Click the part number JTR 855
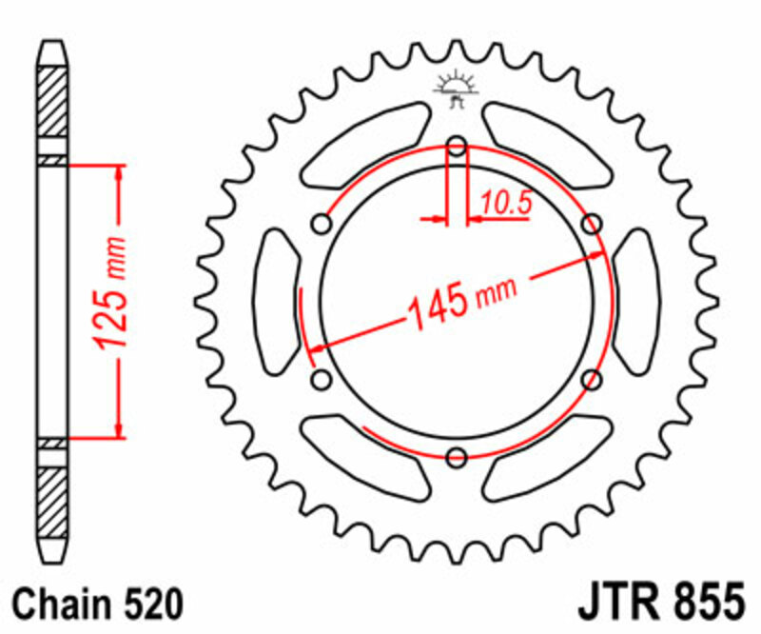pyautogui.click(x=660, y=603)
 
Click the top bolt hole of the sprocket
pyautogui.click(x=458, y=147)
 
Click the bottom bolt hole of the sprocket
pyautogui.click(x=458, y=457)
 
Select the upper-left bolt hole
pyautogui.click(x=322, y=225)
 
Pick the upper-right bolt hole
pyautogui.click(x=593, y=225)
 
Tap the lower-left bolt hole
pyautogui.click(x=322, y=380)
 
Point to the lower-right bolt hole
pyautogui.click(x=593, y=380)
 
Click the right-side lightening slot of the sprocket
pyautogui.click(x=635, y=302)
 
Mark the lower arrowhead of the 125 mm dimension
pyautogui.click(x=120, y=430)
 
